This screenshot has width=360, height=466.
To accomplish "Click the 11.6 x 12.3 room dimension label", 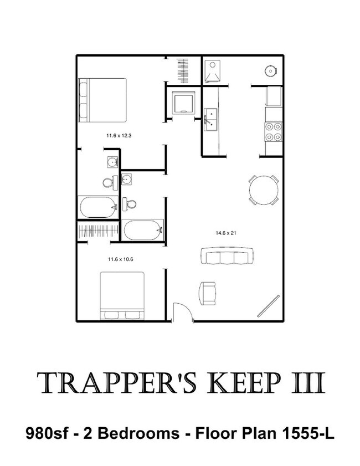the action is [x=119, y=136].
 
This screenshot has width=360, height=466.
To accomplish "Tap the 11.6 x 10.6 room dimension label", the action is [x=120, y=259].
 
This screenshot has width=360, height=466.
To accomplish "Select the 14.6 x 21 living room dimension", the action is [x=226, y=233].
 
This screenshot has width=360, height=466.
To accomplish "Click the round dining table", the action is [x=264, y=190].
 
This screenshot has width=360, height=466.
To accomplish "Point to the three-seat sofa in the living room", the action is [x=227, y=255].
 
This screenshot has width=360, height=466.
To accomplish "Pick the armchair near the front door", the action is [x=207, y=293].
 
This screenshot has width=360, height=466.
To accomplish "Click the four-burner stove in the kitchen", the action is [x=273, y=132].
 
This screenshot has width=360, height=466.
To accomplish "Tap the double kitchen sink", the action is [x=210, y=120].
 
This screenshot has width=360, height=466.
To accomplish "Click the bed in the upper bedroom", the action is [x=102, y=100].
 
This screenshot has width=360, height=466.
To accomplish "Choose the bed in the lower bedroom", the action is [x=122, y=296].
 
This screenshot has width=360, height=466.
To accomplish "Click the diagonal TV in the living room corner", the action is [x=269, y=305].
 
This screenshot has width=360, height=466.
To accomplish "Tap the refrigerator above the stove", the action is [x=274, y=96].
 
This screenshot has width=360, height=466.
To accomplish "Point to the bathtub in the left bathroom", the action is [x=98, y=207].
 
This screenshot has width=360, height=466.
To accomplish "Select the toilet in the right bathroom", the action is [x=129, y=204].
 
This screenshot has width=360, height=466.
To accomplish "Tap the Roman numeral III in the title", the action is [x=308, y=383].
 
